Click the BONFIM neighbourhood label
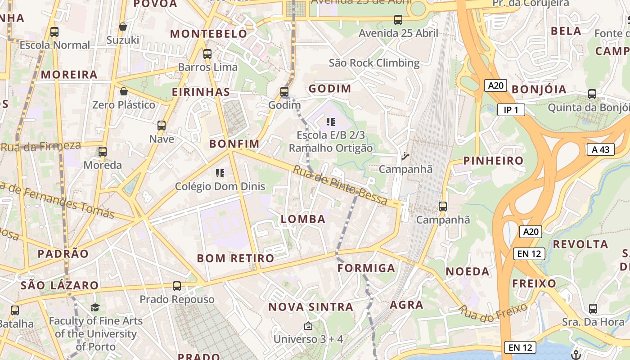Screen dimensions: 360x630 point(234,144)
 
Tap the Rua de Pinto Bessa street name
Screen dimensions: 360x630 point(340,185)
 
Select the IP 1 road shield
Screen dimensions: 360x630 point(511,110)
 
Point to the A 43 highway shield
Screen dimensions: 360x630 point(600,149)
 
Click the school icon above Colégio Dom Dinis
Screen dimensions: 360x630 point(220,173)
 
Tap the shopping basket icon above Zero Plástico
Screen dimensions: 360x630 point(123,92)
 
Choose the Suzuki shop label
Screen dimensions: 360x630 point(123,40)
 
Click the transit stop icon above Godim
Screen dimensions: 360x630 point(284,92)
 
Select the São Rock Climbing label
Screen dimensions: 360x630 point(374,63)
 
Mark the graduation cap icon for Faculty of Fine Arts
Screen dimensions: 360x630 point(95,308)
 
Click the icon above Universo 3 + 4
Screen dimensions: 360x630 point(308,326)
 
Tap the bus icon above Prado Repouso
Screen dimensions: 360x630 point(177,286)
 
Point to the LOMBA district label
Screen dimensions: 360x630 point(303,219)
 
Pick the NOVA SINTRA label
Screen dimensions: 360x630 point(310,307)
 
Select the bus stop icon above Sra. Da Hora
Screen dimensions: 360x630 point(593,309)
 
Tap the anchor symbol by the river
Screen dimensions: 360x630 point(575,355)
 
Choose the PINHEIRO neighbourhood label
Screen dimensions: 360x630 point(494,161)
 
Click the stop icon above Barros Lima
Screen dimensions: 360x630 point(207,54)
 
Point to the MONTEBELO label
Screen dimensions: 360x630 point(209,34)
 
